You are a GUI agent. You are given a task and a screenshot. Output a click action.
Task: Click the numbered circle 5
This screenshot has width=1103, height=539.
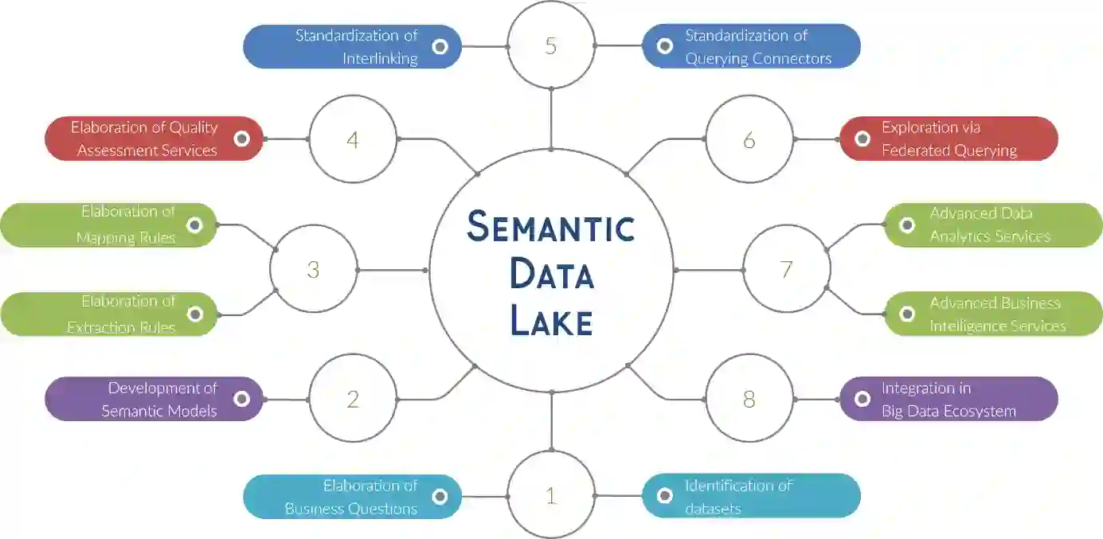pos(551,45)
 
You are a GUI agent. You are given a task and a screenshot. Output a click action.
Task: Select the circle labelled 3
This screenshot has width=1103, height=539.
pos(313,270)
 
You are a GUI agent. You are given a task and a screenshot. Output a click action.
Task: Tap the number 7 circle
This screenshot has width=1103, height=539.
pos(786,269)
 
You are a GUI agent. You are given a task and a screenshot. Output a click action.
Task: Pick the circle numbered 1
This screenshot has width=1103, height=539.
pos(551,495)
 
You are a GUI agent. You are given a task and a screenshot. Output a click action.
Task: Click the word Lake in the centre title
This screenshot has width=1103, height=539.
pos(551,322)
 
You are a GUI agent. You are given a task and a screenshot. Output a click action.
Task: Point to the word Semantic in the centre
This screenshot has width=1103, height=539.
pos(551,228)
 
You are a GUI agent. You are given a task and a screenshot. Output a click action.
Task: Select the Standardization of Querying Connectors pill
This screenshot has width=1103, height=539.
pos(751,47)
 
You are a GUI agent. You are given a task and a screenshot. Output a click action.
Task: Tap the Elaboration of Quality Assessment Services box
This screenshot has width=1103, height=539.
pos(154,139)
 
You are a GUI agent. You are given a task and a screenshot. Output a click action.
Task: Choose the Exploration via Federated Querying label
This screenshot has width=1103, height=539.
pos(949,139)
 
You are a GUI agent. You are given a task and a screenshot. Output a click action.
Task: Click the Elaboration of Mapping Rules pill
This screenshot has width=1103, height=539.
pos(108,225)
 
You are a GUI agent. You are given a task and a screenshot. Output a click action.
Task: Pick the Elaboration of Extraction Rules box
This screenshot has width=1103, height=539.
pos(108,314)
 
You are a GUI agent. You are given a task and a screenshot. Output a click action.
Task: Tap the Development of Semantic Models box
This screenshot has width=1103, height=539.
pos(154,399)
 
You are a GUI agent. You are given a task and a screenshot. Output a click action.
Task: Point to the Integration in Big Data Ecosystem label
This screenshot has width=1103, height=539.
pos(949,399)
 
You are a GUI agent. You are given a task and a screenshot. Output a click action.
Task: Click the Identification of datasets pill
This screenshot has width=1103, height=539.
pos(751,496)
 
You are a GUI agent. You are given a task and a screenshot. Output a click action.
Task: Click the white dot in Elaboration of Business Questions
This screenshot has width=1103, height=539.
pos(440,497)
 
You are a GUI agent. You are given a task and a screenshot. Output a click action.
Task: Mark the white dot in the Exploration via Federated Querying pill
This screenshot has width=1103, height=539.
pos(862,139)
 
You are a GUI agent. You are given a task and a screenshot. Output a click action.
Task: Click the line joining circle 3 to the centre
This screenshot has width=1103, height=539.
pos(392,270)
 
